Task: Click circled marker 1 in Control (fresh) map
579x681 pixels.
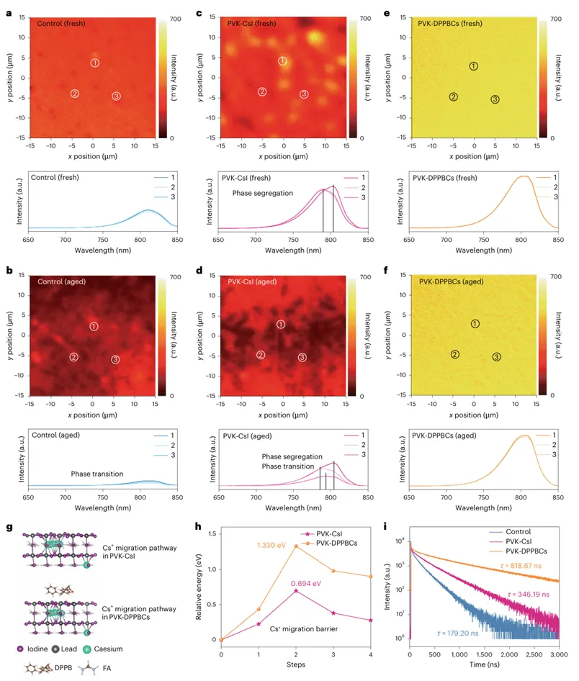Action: (x=94, y=63)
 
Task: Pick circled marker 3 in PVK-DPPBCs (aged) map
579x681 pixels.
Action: (x=496, y=357)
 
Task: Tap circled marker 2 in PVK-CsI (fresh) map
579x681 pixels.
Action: (x=262, y=91)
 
